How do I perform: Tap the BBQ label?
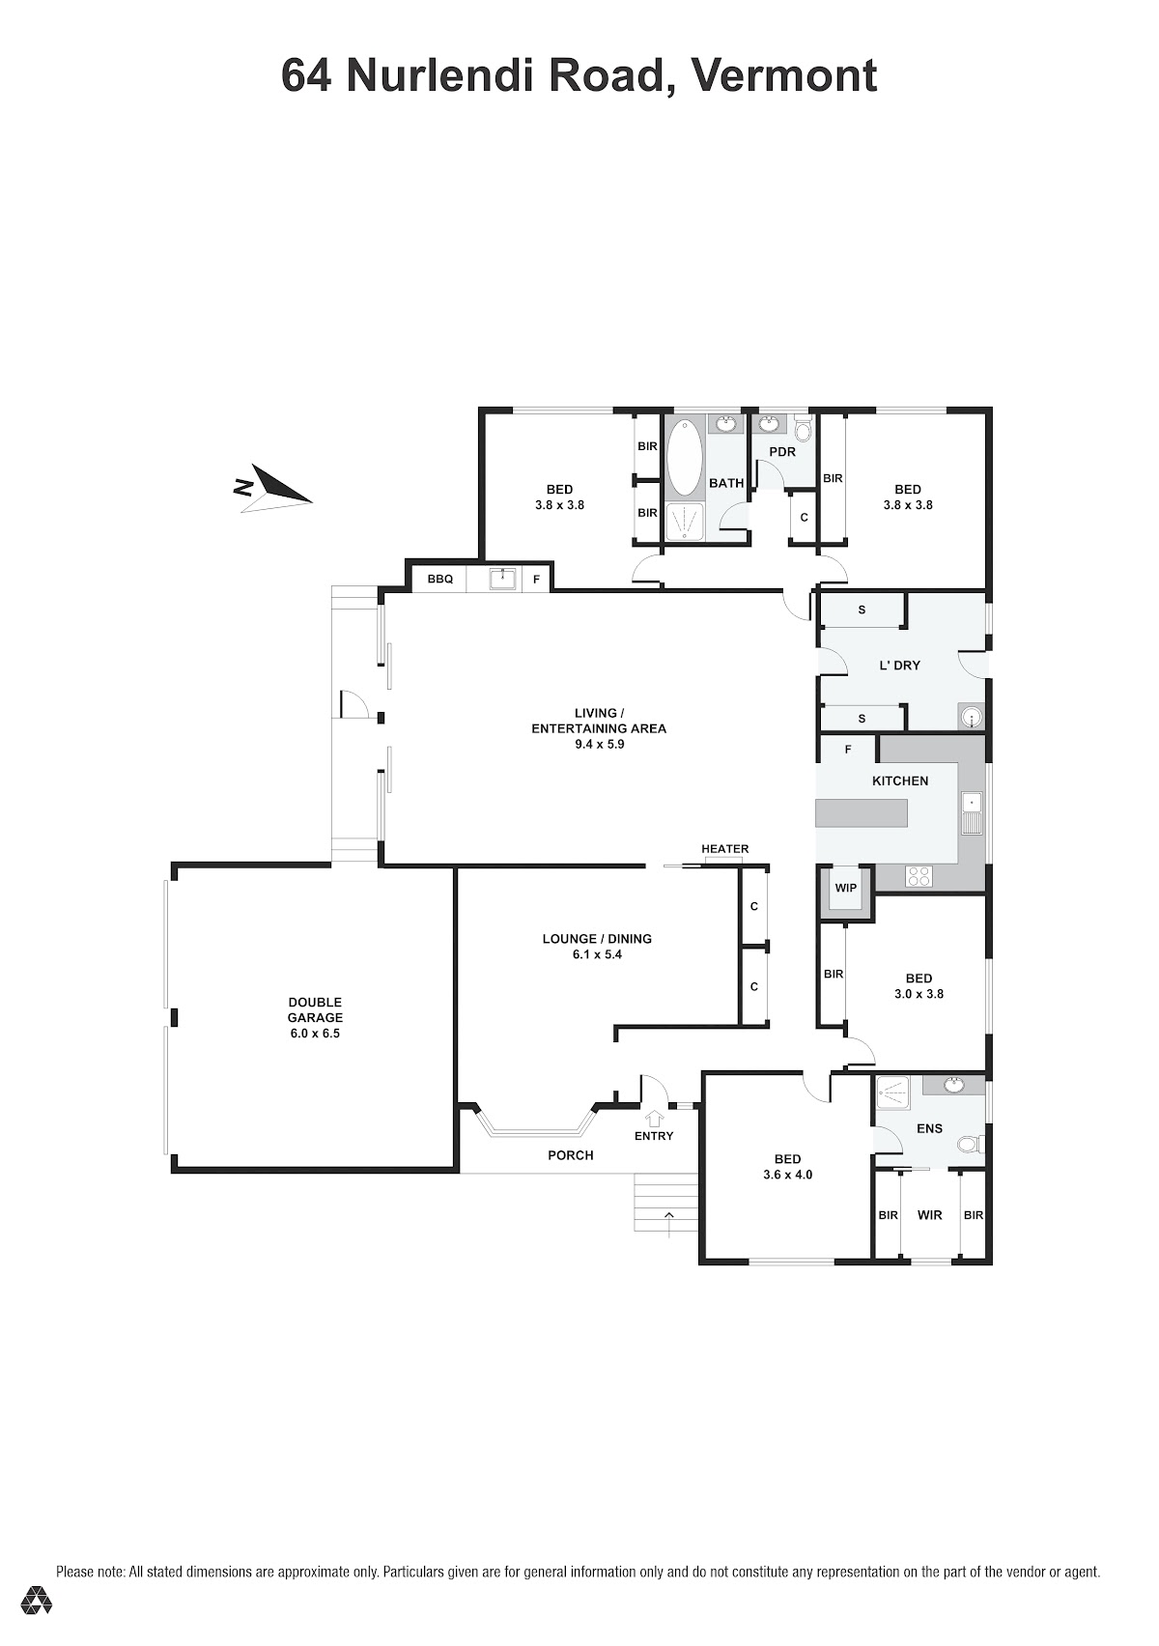[x=440, y=579]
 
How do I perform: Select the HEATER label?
[x=724, y=849]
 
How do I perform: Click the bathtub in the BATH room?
[x=684, y=457]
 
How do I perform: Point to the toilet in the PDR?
[x=804, y=428]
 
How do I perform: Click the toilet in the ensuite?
[x=970, y=1144]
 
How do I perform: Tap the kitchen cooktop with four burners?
[x=919, y=876]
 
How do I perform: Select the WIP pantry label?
[x=846, y=888]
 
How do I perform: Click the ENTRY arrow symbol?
[x=654, y=1118]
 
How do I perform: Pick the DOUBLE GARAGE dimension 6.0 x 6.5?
[x=315, y=1034]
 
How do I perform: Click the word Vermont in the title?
[x=785, y=75]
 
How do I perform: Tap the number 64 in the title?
[x=305, y=75]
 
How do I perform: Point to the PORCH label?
[x=570, y=1155]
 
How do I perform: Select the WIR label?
[x=930, y=1215]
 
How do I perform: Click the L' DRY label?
[x=899, y=665]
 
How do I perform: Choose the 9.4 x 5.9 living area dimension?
[x=599, y=745]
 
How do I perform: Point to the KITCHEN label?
[x=900, y=781]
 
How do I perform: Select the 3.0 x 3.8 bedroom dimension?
[x=919, y=993]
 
